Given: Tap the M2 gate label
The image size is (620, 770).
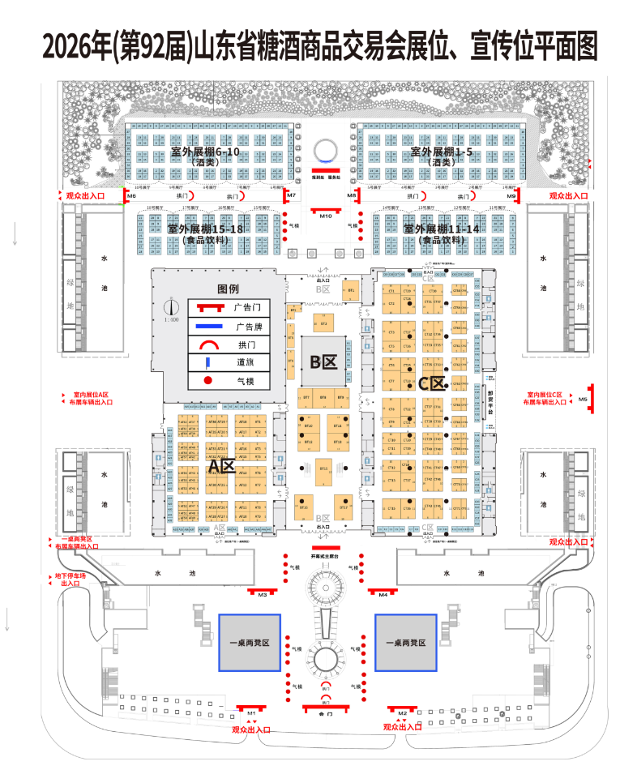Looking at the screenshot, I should click(402, 712).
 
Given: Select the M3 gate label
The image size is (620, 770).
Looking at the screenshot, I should click(263, 595).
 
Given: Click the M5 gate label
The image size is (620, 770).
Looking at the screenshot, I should click(583, 399).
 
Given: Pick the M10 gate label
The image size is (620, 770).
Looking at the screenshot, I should click(326, 216).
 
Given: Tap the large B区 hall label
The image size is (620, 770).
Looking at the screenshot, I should click(323, 362).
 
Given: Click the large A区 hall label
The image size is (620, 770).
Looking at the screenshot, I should click(220, 467).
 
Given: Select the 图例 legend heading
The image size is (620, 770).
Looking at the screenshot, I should click(228, 289).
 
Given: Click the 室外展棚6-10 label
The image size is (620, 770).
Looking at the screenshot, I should click(205, 152).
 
